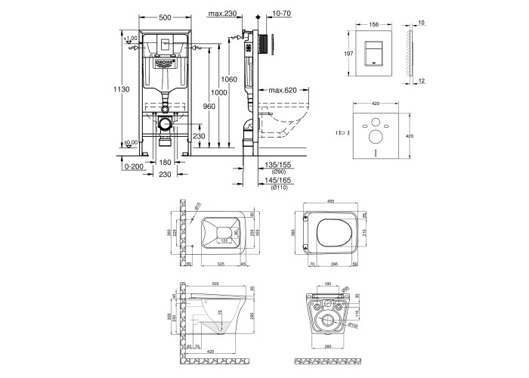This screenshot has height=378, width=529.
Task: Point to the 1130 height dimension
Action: [126, 89]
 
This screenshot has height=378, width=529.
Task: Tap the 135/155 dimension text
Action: [280, 163]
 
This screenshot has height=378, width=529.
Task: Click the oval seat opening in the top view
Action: [330, 234]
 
